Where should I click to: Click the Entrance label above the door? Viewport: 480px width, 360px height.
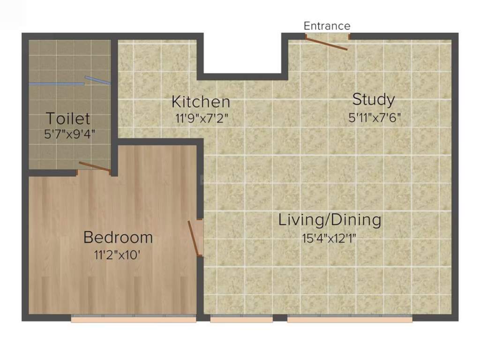pos(327,26)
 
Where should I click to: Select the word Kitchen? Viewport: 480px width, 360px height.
pos(201,102)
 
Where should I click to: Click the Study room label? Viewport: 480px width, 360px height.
pos(373,99)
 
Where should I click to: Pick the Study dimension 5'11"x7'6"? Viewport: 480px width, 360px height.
pos(375,118)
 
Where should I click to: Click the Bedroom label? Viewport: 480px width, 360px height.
pos(118,237)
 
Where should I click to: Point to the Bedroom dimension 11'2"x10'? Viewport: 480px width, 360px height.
pos(117,255)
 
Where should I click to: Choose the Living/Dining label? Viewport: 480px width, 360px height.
pos(330,220)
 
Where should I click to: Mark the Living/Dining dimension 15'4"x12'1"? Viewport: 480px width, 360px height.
pos(330,238)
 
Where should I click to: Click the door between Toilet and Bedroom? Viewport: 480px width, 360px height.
pos(95,166)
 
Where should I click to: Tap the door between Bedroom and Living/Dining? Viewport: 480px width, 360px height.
pos(194,239)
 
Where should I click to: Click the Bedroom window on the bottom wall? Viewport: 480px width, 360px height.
pos(133,319)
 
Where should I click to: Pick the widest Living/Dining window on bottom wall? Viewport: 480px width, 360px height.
pos(349,319)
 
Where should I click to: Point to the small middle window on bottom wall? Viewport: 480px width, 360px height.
pos(241,319)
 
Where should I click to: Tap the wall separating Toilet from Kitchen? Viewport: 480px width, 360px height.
pos(114,89)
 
